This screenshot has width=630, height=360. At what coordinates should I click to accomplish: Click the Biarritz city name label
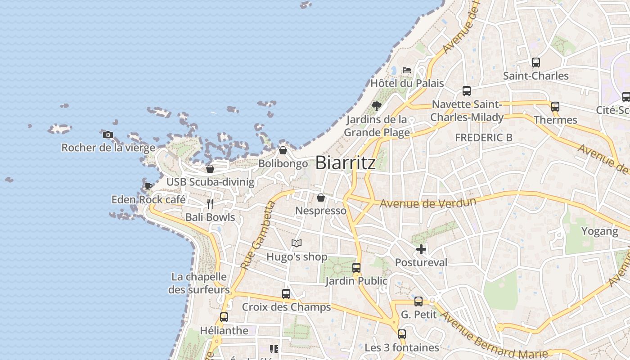[345, 162]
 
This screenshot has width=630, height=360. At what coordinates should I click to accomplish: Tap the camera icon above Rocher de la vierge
[108, 135]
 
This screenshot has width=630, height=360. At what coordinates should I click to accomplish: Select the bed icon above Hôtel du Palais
[407, 70]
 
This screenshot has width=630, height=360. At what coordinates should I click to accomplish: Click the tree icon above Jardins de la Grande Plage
[377, 106]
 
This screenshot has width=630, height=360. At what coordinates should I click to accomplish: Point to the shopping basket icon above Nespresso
[321, 198]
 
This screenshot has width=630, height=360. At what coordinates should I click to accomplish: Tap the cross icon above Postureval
[421, 249]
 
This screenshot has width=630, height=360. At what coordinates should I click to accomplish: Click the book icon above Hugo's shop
[296, 243]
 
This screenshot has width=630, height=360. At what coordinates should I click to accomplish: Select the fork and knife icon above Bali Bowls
[210, 204]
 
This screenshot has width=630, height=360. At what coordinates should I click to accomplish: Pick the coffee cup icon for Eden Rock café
[148, 186]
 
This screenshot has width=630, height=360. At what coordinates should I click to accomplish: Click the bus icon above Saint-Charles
[535, 63]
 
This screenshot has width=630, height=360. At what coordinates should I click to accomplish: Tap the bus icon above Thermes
[555, 107]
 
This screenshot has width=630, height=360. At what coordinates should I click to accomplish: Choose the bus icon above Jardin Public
[356, 268]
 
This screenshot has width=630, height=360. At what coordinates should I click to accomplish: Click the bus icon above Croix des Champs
[286, 294]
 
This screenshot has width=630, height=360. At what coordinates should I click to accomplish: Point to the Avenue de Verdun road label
[428, 202]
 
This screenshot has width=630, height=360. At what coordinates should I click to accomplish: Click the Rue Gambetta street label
[258, 235]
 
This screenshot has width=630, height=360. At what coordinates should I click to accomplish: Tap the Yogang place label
[599, 231]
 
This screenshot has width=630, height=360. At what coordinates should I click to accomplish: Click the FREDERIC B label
[483, 138]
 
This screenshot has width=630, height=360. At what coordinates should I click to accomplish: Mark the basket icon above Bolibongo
[283, 150]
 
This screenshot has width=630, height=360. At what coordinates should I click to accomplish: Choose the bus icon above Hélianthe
[224, 317]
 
